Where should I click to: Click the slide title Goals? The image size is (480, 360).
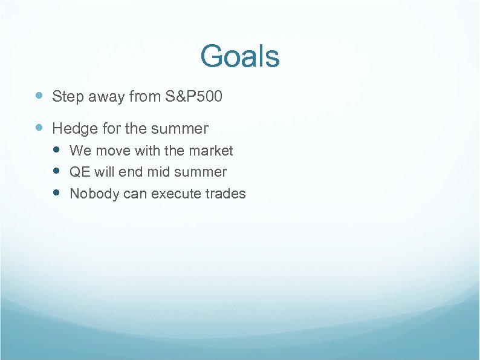pos(240,56)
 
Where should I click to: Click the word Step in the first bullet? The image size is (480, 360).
pos(66,96)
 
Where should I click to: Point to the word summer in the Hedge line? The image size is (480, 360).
pos(180,129)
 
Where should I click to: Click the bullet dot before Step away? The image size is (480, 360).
pos(39,96)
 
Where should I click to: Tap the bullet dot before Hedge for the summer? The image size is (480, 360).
pos(39,128)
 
